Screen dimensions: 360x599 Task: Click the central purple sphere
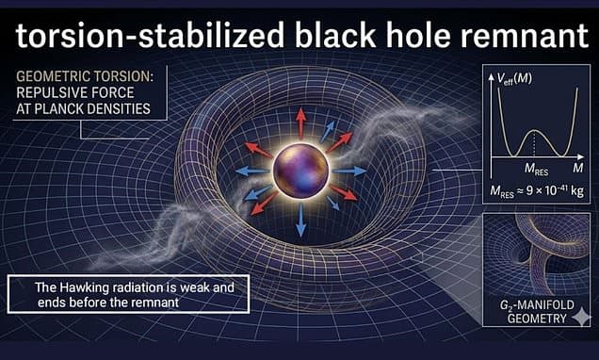point(301,170)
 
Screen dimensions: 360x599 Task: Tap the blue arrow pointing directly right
point(350,171)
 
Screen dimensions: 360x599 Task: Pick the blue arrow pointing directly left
point(251,171)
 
